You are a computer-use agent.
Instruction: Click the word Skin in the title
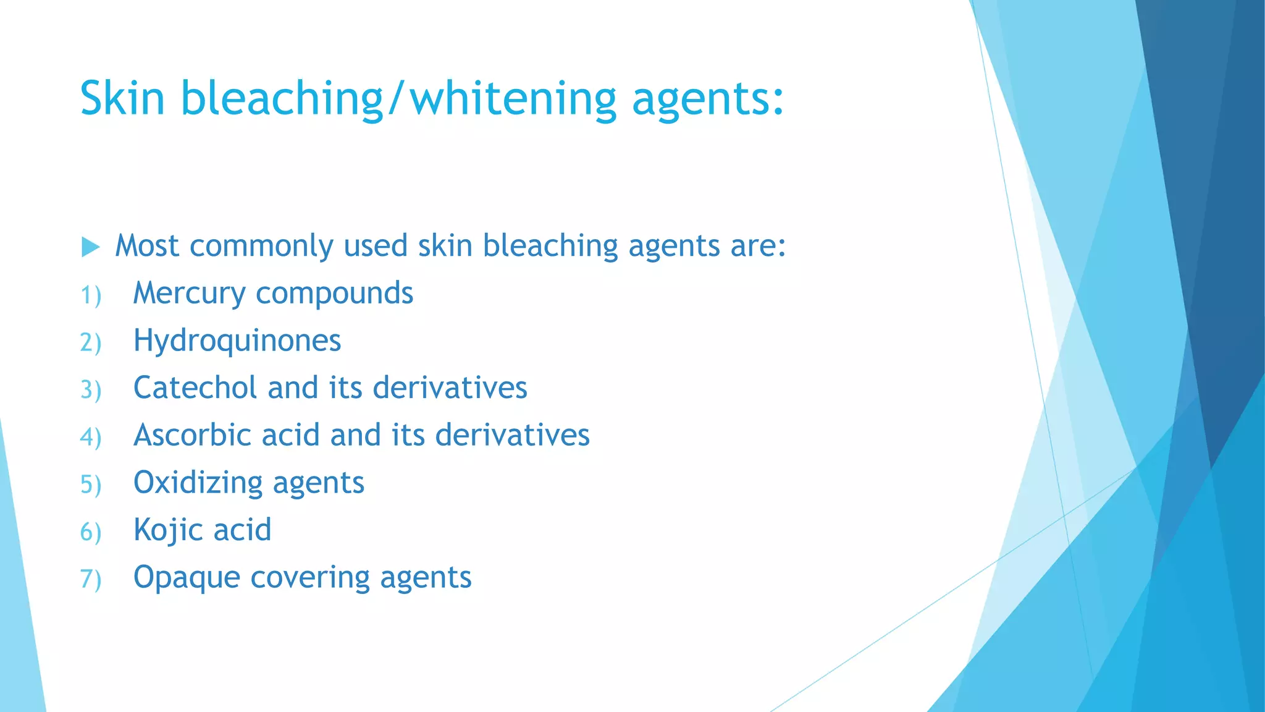(122, 98)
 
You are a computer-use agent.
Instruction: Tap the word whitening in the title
(513, 98)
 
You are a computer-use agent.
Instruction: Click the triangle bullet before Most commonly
(90, 247)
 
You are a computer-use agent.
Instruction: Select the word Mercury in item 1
(189, 294)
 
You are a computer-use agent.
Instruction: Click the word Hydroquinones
(237, 341)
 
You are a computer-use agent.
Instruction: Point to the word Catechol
(195, 388)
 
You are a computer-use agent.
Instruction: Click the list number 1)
(91, 295)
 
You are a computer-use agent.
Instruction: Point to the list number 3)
(91, 390)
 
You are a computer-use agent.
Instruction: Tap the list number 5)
(91, 485)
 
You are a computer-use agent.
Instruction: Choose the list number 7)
(91, 580)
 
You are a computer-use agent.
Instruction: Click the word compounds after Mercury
(334, 294)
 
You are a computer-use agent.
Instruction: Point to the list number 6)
(91, 532)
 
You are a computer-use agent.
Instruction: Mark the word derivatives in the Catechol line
(450, 388)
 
